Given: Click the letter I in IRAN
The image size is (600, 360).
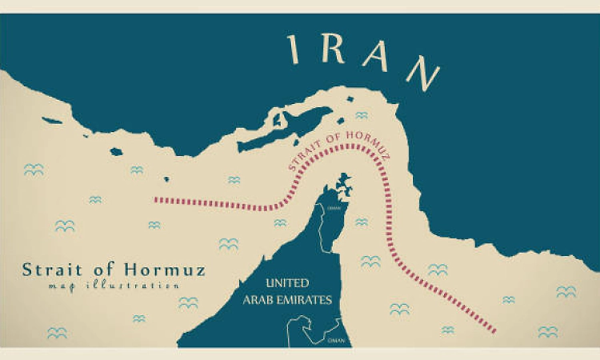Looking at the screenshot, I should point(294,50).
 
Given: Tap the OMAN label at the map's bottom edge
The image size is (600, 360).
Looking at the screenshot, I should point(336,339).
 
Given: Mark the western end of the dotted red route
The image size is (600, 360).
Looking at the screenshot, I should point(156,200).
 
